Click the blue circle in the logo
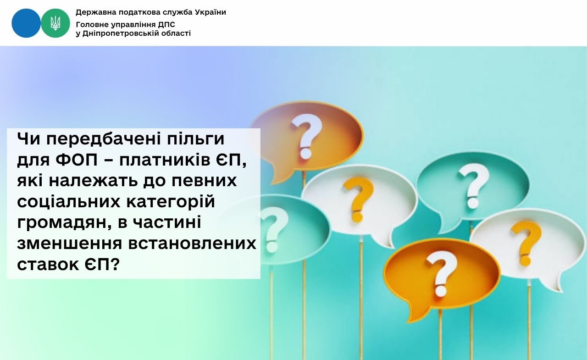tap(26, 23)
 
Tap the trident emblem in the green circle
tap(55, 23)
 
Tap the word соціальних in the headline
tap(69, 202)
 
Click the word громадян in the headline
tap(64, 223)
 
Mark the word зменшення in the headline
tap(69, 244)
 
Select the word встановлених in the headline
tap(192, 244)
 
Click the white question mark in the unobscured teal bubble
tap(474, 185)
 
